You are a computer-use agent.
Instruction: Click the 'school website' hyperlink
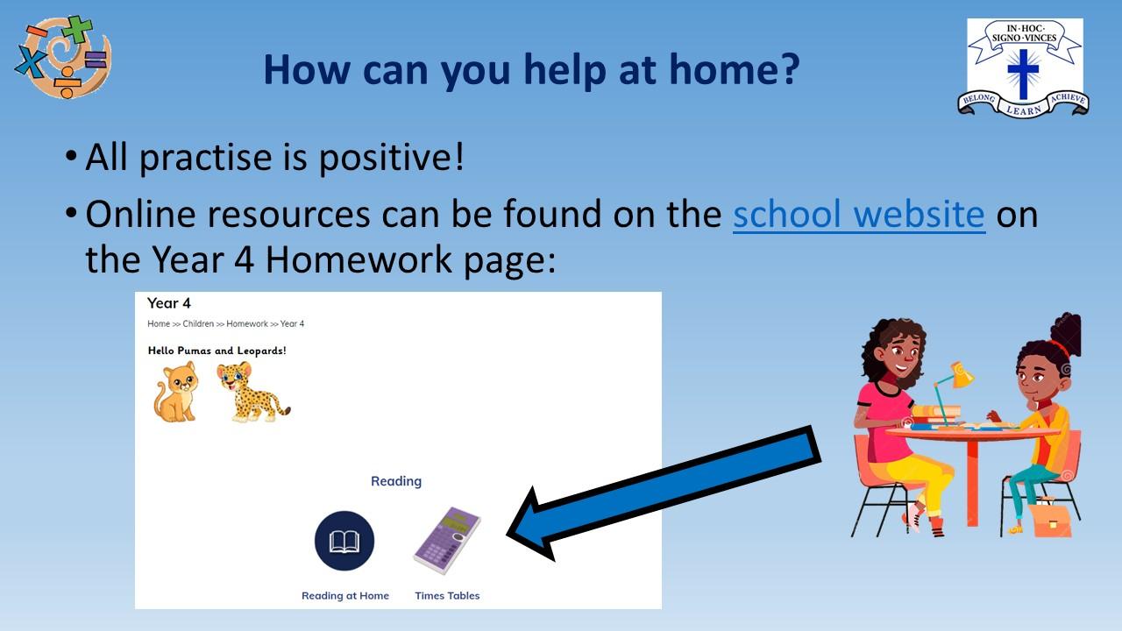859,215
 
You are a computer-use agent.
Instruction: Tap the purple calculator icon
447,541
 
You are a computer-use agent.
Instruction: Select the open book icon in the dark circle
344,541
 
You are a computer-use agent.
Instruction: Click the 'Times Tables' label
447,595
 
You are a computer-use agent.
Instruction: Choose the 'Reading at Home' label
345,595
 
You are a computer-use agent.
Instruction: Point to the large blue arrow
664,493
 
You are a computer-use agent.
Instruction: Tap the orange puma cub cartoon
176,392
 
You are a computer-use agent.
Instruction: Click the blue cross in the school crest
1023,74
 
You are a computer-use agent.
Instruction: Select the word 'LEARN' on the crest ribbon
1024,110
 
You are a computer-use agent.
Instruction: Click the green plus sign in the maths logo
78,29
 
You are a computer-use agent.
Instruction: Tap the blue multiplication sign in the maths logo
31,61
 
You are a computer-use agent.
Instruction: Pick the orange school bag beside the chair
1050,521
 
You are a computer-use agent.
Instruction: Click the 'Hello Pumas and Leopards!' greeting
217,351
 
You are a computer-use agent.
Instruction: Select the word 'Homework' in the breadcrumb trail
247,323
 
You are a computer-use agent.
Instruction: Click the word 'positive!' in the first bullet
392,159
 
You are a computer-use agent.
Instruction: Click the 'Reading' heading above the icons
396,481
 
